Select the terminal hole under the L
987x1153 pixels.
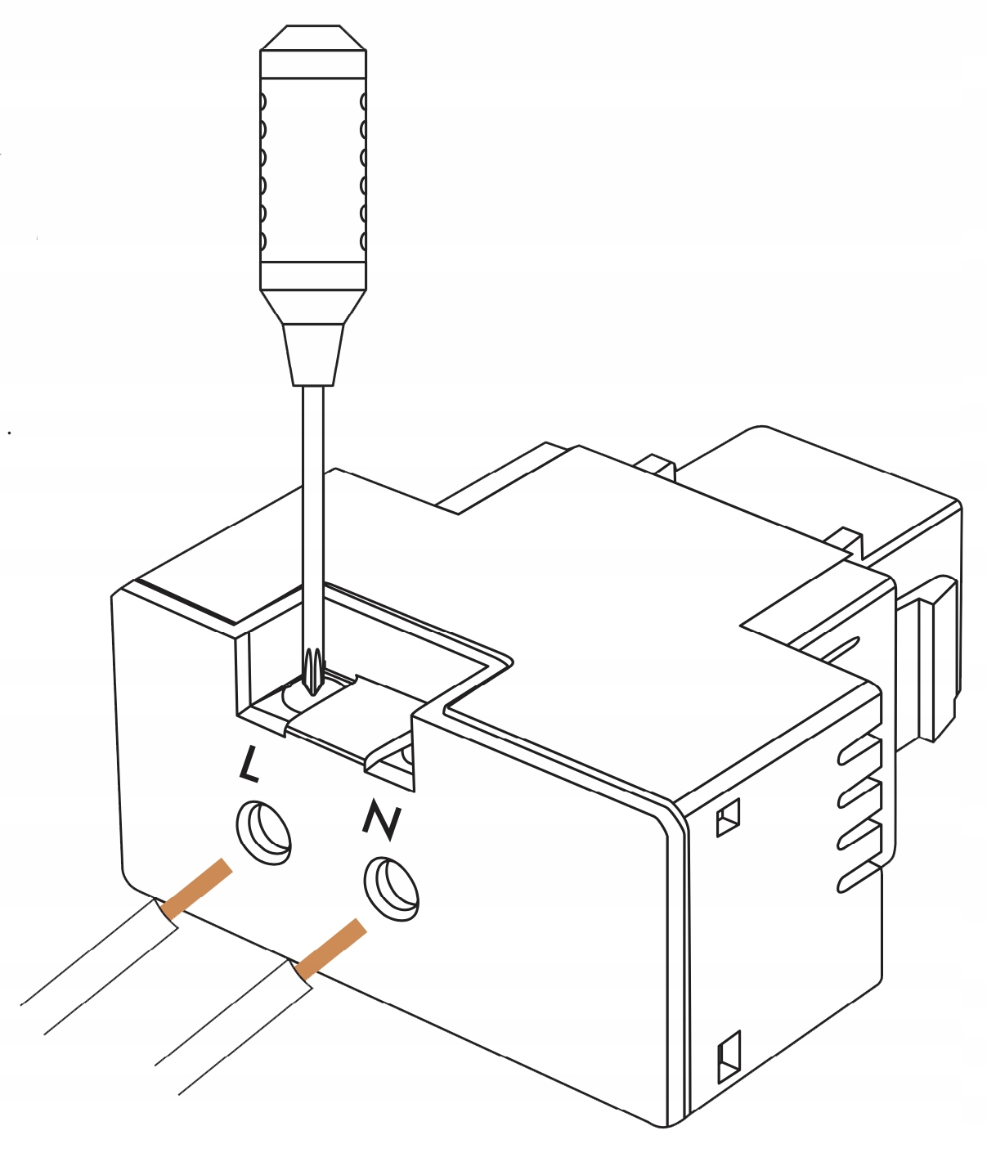[x=263, y=831]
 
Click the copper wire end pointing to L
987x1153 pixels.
[x=197, y=887]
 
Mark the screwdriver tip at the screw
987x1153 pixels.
[x=312, y=675]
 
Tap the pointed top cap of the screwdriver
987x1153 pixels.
[x=312, y=38]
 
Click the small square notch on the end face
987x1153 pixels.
[x=728, y=817]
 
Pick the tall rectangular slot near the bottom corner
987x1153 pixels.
[x=728, y=1058]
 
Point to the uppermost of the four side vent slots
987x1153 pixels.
[x=859, y=749]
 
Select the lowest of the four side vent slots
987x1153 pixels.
[x=859, y=875]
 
